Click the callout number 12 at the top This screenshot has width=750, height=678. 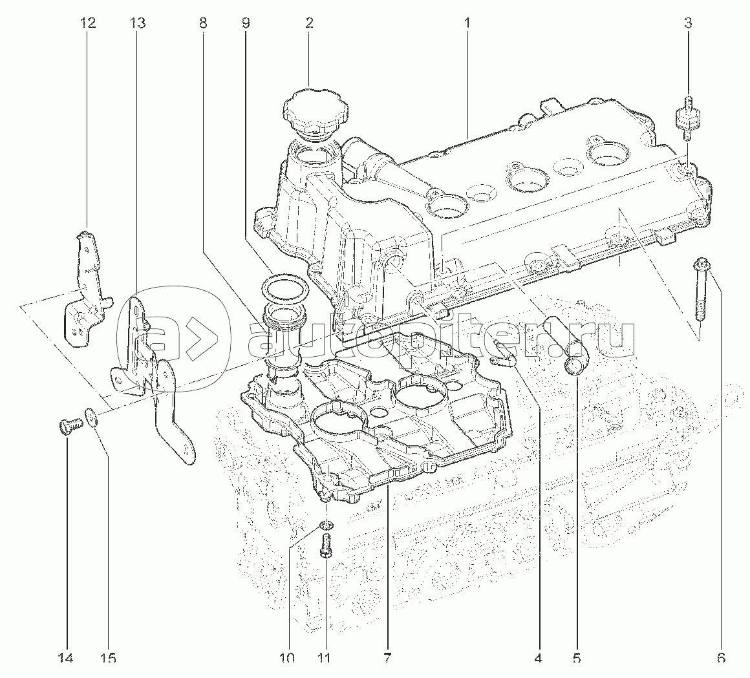(x=87, y=23)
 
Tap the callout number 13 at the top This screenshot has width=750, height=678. (x=137, y=23)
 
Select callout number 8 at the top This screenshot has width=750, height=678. (x=204, y=23)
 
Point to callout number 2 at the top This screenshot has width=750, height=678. (x=309, y=23)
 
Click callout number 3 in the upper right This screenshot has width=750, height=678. (x=688, y=23)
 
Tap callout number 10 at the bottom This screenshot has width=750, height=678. (x=287, y=658)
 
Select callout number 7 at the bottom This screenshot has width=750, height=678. (x=387, y=658)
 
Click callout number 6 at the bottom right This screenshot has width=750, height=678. (x=721, y=658)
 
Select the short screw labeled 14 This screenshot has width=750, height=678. (x=67, y=427)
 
